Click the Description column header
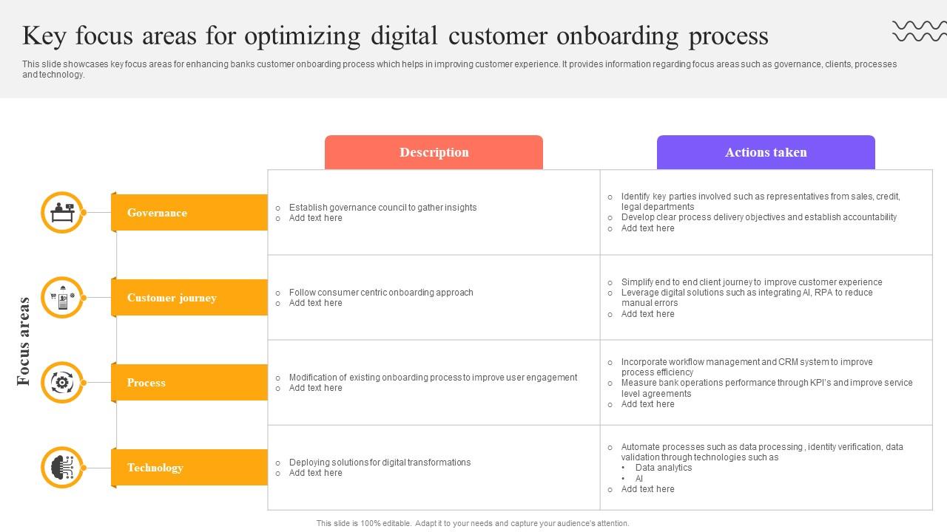[x=434, y=152]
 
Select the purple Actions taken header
[x=766, y=152]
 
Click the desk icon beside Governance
[x=62, y=213]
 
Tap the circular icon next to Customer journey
[x=62, y=298]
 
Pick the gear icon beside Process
[x=62, y=383]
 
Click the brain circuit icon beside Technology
[x=62, y=468]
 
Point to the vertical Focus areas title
[x=24, y=341]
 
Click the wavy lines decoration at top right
[x=919, y=31]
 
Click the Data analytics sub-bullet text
[x=663, y=468]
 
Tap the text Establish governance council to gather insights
[x=382, y=208]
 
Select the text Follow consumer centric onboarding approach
[x=381, y=293]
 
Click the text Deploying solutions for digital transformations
[x=380, y=463]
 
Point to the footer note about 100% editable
[x=473, y=523]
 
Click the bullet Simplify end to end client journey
[x=752, y=282]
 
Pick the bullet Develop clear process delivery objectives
[x=759, y=217]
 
